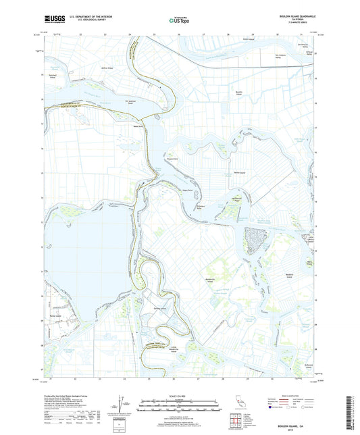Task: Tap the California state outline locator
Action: pos(240,406)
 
